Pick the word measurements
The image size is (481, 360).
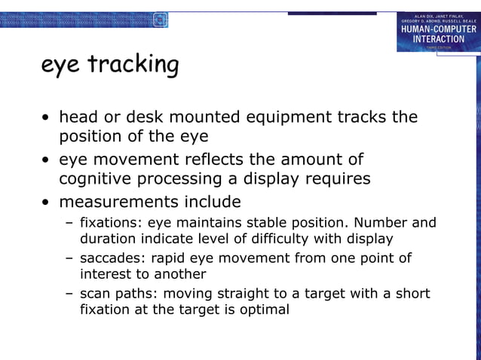click(113, 202)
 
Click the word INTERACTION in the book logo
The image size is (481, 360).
click(437, 38)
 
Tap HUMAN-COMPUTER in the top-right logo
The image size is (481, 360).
click(438, 29)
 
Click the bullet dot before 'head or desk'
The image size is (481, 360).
click(47, 118)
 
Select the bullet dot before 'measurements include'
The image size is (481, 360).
click(47, 203)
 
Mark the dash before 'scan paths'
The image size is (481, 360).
click(69, 293)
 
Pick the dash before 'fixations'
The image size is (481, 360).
click(69, 223)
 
